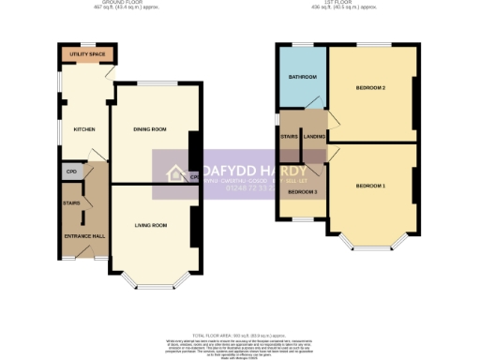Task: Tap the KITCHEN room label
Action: coord(72,129)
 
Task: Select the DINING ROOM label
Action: coord(151,129)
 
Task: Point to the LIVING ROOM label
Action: coord(151,225)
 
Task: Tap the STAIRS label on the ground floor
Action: coord(70,202)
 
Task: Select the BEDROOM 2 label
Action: coord(371,88)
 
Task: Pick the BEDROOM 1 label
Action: coord(371,186)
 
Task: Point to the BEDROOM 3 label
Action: coord(301,192)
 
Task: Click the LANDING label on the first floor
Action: coord(313,137)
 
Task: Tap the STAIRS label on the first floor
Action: coord(289,137)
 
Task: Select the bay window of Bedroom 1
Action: coord(371,246)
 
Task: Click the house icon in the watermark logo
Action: coord(175,172)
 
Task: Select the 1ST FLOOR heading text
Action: coord(345,4)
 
